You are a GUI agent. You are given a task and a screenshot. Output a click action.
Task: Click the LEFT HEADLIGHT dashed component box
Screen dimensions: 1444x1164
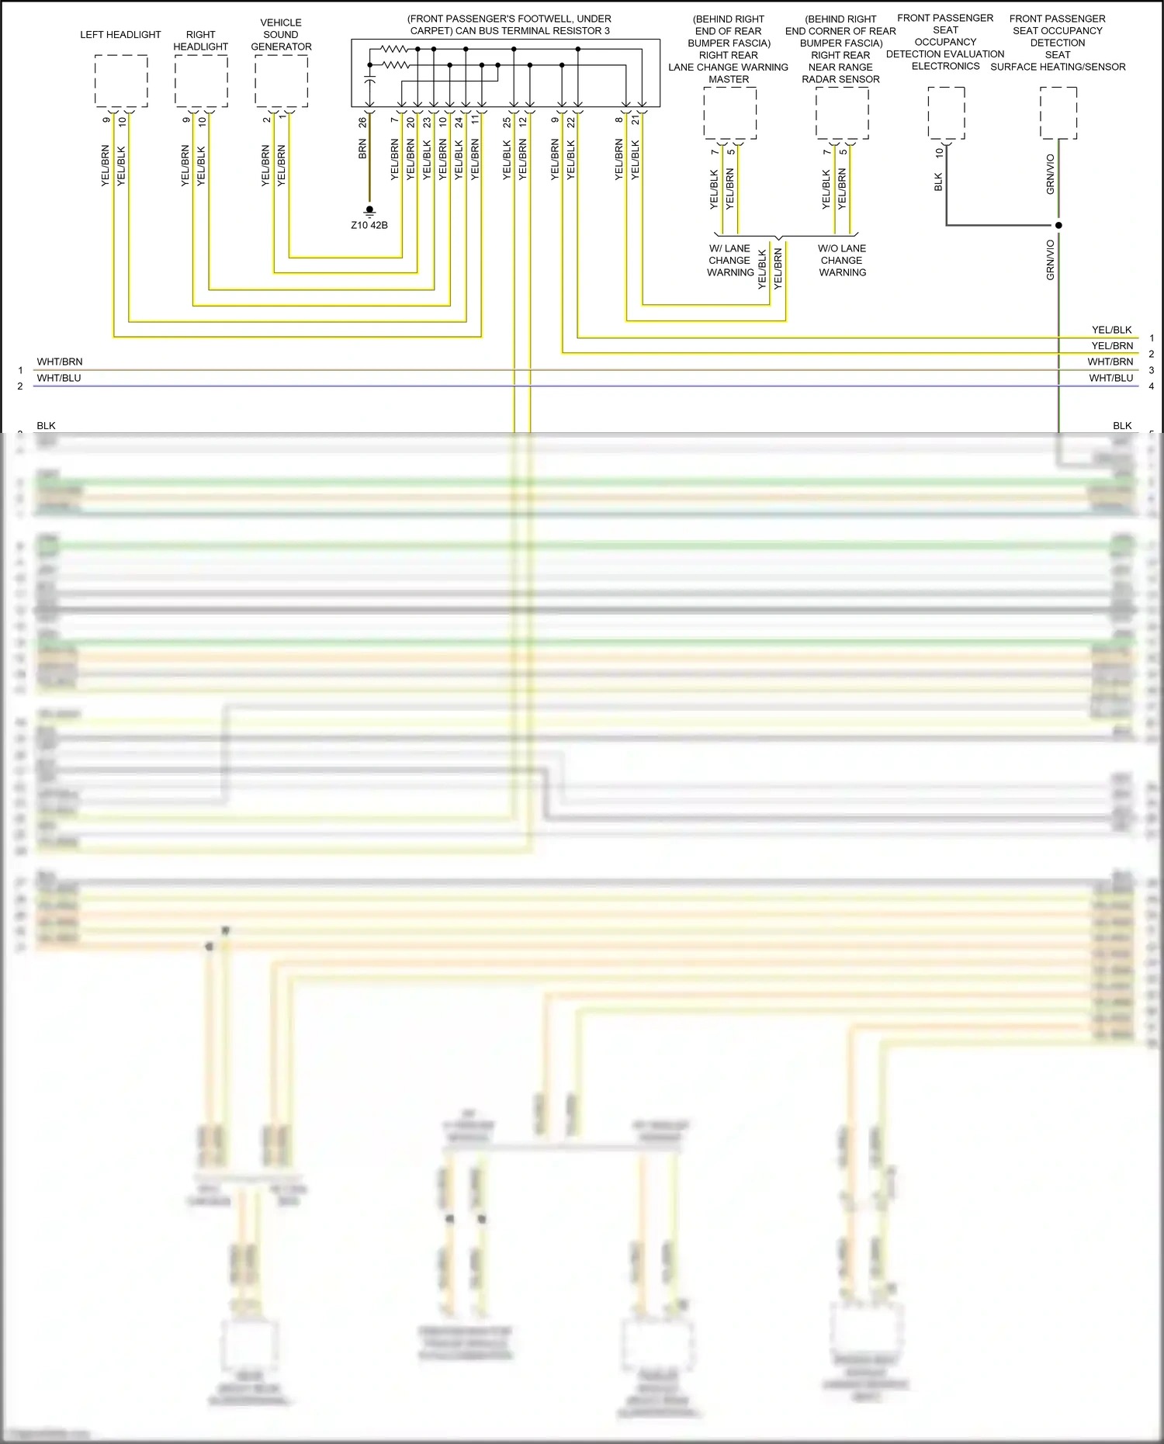point(121,81)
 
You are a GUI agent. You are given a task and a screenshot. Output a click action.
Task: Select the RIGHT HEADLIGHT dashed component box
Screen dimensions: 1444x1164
point(201,81)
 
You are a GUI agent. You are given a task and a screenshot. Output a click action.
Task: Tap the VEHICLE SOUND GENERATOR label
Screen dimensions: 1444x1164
point(281,35)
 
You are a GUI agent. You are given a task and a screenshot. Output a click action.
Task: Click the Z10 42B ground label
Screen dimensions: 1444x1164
point(369,225)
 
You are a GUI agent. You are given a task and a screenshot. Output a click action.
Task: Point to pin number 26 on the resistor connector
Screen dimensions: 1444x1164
point(362,122)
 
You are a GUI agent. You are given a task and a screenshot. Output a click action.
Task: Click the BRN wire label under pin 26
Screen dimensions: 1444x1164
point(362,150)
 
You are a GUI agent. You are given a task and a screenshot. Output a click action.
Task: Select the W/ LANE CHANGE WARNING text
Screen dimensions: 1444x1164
point(729,261)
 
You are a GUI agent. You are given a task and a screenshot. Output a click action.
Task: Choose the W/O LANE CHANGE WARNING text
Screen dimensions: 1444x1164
point(842,261)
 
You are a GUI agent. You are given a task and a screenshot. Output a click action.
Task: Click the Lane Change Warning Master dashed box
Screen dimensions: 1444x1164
point(729,113)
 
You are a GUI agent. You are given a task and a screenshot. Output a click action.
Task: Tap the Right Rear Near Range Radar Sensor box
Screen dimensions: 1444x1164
point(842,113)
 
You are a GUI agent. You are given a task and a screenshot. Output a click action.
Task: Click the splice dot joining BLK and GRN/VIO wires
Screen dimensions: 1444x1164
point(1058,225)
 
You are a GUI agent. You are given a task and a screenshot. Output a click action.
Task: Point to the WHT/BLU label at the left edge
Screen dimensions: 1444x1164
point(59,378)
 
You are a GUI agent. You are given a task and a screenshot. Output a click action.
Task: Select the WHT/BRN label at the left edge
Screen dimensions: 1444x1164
point(60,362)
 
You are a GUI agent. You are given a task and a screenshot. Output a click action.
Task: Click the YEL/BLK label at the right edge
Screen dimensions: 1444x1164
point(1111,330)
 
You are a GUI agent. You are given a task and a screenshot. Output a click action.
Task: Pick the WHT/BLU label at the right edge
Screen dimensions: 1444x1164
point(1110,378)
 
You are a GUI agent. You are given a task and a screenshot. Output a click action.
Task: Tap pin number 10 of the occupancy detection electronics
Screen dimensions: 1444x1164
point(939,153)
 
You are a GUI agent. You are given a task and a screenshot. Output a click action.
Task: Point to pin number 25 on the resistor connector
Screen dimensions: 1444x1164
point(507,122)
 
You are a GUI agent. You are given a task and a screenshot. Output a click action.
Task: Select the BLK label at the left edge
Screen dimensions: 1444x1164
point(46,425)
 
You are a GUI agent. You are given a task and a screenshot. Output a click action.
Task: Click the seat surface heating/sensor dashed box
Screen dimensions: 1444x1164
point(1058,113)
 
